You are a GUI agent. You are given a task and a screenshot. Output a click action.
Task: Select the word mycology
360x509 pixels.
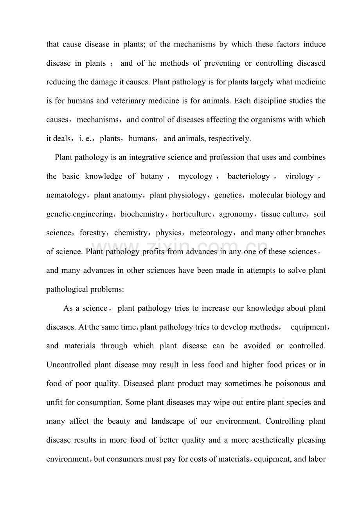click(x=195, y=176)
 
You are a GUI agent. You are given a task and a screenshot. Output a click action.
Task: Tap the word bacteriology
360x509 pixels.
click(x=248, y=176)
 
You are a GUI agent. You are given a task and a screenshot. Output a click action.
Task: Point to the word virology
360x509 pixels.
click(x=299, y=176)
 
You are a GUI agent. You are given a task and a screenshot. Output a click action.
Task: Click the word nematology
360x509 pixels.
click(x=66, y=195)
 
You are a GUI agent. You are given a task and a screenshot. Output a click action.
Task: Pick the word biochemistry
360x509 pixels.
click(x=142, y=214)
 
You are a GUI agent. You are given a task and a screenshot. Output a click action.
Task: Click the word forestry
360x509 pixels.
click(x=92, y=233)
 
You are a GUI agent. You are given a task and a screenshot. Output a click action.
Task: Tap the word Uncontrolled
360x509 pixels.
click(x=68, y=365)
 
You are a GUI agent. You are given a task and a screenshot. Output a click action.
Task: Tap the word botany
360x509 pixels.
click(x=151, y=176)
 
